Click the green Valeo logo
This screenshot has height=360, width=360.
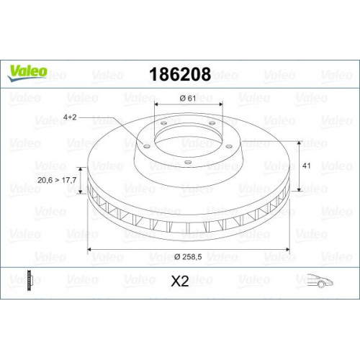point(27,73)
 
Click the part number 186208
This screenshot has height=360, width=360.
point(180,74)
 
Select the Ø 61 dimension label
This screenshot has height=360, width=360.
point(188,98)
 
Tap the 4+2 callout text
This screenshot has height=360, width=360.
point(70,117)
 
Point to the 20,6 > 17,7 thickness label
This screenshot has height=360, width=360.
point(57,180)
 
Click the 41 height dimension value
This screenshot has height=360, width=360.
point(307,166)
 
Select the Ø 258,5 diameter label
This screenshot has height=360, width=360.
point(188,257)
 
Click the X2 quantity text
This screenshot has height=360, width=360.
point(180,281)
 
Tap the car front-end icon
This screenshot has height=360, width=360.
point(320,280)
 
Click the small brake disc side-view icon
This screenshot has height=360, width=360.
point(30,281)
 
